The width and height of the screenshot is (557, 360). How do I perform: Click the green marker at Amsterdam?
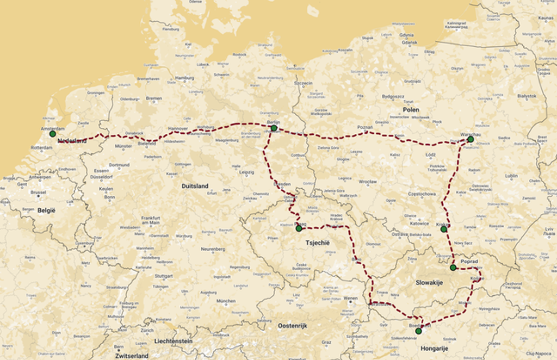click(53, 134)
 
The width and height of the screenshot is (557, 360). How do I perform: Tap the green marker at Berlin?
click(274, 128)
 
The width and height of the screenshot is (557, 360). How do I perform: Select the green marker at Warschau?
click(471, 139)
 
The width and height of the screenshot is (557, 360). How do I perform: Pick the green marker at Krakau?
click(444, 229)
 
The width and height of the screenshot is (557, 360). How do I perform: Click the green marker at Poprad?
click(453, 268)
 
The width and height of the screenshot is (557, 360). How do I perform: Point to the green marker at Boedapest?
click(418, 331)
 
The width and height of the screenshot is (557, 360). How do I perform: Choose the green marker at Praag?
click(299, 228)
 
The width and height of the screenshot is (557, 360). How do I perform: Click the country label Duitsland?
click(195, 186)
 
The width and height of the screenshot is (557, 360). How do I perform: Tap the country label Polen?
click(411, 109)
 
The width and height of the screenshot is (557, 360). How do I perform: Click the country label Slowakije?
click(430, 283)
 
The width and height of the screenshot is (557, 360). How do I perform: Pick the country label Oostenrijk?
click(293, 326)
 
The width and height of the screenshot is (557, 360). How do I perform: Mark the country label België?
click(46, 210)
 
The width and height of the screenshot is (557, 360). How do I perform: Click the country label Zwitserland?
click(131, 356)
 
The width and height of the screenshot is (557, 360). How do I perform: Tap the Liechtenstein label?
click(173, 341)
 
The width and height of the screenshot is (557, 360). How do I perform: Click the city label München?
click(226, 301)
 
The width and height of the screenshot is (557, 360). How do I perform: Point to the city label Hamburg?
click(184, 78)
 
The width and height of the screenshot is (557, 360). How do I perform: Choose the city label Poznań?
click(365, 127)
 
